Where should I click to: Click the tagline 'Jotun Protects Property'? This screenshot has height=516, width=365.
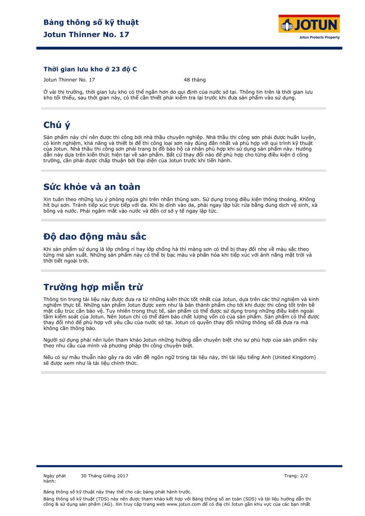[x=319, y=37]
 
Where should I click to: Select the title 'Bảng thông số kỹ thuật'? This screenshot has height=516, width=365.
[x=91, y=22]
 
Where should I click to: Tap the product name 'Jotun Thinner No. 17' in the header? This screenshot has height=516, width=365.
[x=86, y=34]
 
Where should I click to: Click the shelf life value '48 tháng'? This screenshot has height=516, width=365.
[x=195, y=80]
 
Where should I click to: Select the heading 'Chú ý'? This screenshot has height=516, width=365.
[x=57, y=125]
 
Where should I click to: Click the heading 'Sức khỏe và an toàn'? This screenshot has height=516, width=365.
[x=92, y=187]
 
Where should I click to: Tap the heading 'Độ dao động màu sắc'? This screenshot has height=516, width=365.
[x=95, y=237]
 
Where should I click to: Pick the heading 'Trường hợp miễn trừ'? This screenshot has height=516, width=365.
[x=93, y=287]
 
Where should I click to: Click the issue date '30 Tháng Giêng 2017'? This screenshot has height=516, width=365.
[x=105, y=476]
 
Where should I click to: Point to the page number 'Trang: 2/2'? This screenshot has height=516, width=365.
[x=296, y=476]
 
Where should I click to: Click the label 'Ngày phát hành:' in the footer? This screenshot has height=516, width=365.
[x=54, y=479]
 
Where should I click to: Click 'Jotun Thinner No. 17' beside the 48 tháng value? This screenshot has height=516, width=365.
[x=69, y=80]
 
